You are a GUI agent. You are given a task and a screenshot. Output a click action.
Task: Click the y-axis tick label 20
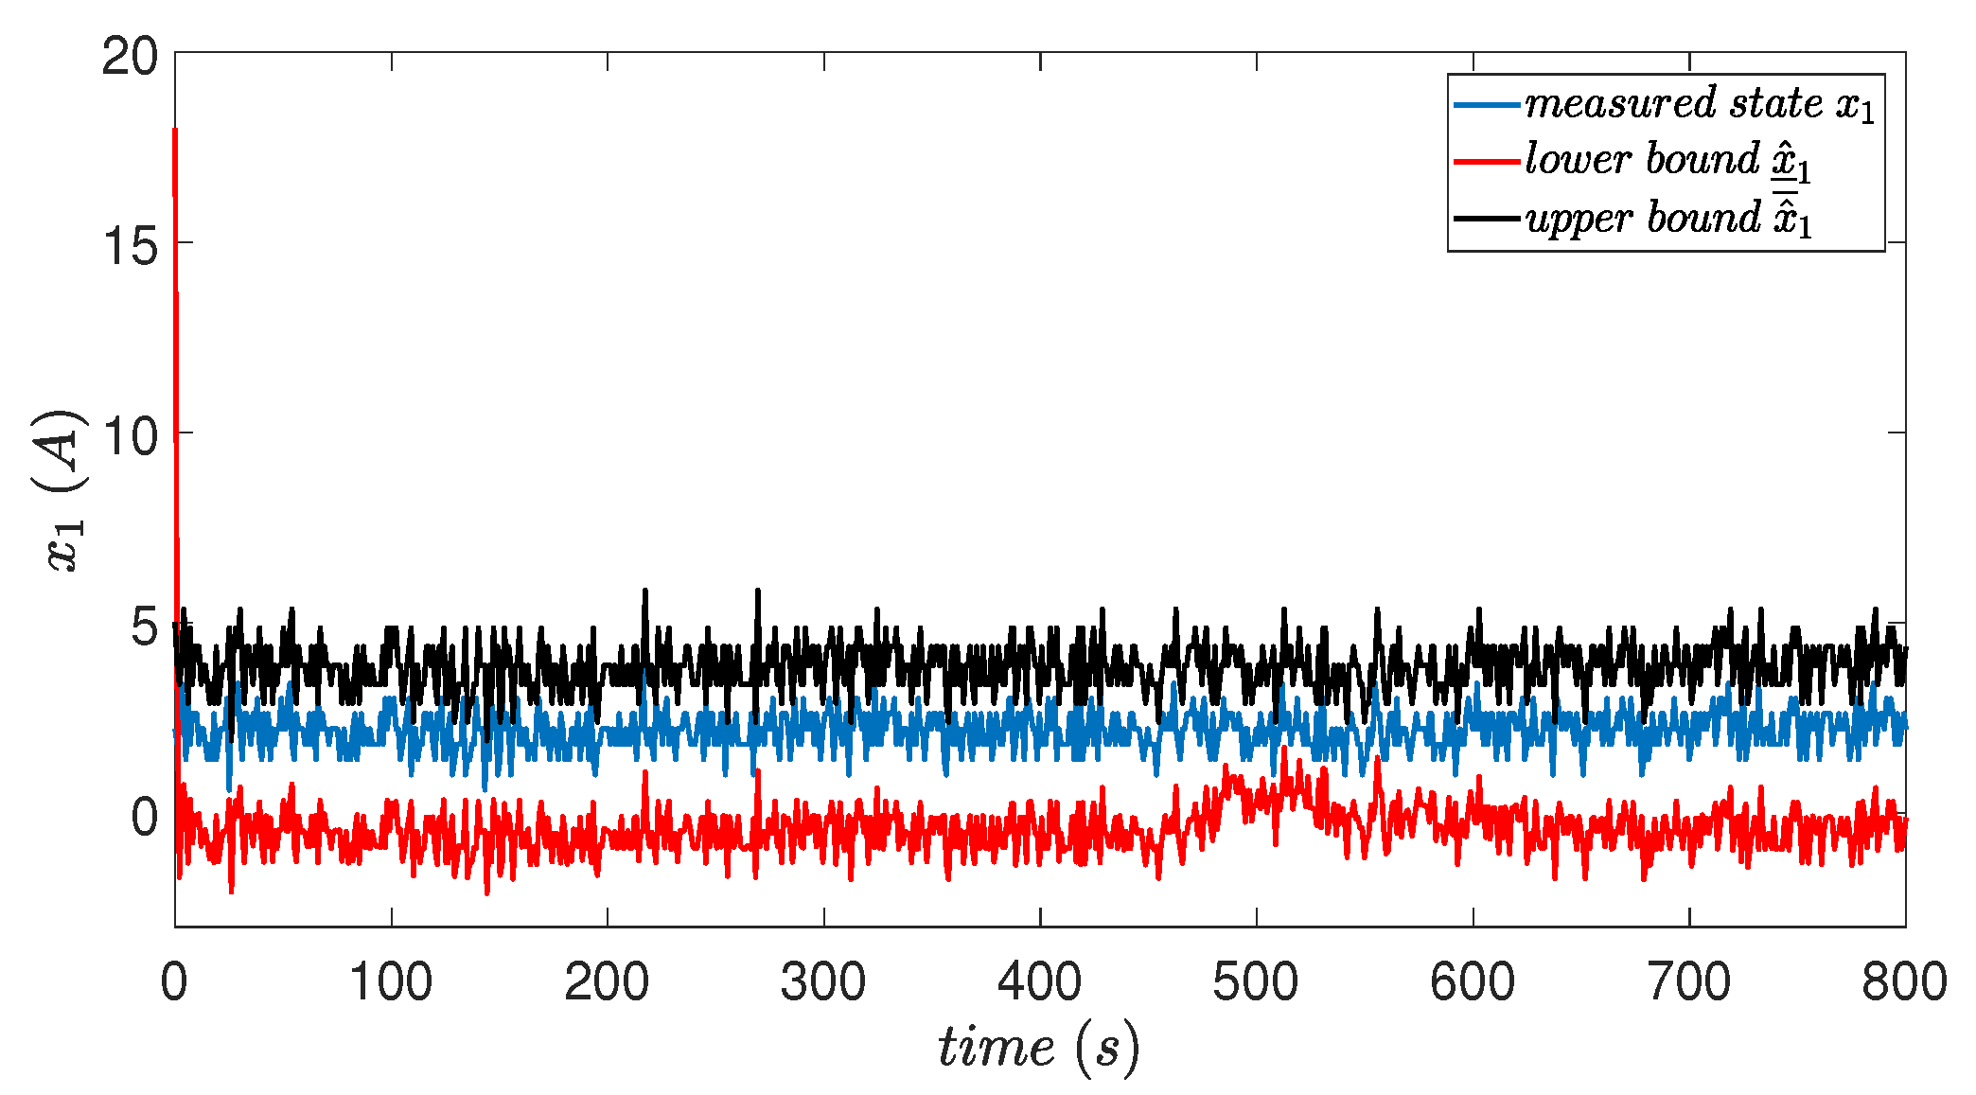pos(131,58)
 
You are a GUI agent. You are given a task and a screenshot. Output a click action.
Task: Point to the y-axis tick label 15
pos(131,248)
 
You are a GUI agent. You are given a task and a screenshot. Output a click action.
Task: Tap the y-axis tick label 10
pos(131,437)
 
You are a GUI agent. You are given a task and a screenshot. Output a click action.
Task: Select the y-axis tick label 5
pos(144,627)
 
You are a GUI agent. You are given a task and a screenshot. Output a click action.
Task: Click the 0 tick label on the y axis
pos(144,818)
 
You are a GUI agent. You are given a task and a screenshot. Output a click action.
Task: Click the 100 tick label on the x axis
pos(391,981)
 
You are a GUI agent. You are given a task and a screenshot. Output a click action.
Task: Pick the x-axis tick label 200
pos(607,981)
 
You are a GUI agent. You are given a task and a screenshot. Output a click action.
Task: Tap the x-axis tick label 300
pos(823,981)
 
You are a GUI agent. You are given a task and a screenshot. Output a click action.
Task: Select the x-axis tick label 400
pos(1039,981)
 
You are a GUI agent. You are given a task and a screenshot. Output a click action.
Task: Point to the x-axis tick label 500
pos(1256,981)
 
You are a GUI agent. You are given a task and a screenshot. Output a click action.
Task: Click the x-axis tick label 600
pos(1473,981)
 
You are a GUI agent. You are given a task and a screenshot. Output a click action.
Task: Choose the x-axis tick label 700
pos(1689,981)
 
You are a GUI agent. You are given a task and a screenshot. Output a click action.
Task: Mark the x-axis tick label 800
pos(1904,981)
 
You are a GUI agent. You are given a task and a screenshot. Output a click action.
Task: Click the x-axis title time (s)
pos(1039,1048)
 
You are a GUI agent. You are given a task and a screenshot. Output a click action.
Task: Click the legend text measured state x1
pos(1700,103)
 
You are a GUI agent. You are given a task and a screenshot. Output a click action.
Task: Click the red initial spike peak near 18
pos(175,131)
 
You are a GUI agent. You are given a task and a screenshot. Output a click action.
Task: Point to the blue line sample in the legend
pos(1487,104)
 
